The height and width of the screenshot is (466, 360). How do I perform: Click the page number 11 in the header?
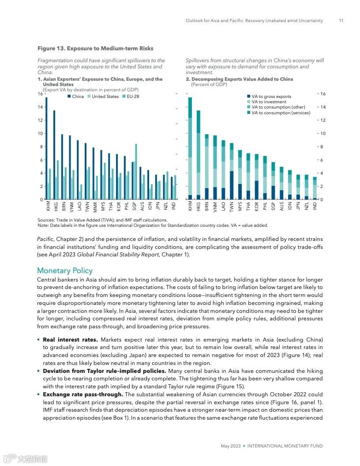pyautogui.click(x=341, y=21)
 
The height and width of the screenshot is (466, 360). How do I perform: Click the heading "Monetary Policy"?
pyautogui.click(x=65, y=271)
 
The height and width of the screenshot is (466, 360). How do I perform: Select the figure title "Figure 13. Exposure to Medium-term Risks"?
pyautogui.click(x=95, y=49)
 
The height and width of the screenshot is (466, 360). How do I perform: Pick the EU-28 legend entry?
pyautogui.click(x=131, y=97)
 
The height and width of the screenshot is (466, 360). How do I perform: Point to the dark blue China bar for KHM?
pyautogui.click(x=46, y=148)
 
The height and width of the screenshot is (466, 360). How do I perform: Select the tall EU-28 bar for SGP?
pyautogui.click(x=136, y=172)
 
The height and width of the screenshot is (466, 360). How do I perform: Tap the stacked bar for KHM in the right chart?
pyautogui.click(x=190, y=148)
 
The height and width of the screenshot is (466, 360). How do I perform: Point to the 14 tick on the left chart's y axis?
pyautogui.click(x=40, y=107)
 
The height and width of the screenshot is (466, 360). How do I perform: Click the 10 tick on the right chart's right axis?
pyautogui.click(x=322, y=134)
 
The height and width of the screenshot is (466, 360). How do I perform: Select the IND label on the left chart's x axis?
pyautogui.click(x=174, y=206)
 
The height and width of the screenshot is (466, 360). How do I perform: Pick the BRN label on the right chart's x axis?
pyautogui.click(x=207, y=206)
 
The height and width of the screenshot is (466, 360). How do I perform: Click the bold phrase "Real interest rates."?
pyautogui.click(x=71, y=340)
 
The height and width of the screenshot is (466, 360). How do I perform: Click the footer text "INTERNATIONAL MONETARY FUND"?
pyautogui.click(x=285, y=446)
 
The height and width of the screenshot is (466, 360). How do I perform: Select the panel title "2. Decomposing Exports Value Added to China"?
pyautogui.click(x=239, y=79)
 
